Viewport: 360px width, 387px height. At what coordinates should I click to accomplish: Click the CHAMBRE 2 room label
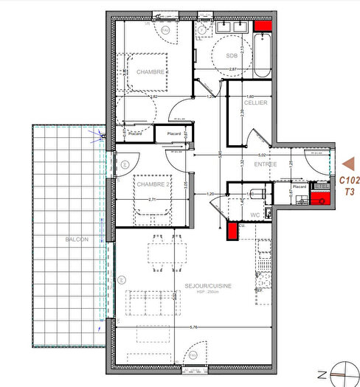coord(152,184)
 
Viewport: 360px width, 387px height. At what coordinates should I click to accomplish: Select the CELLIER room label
coord(257,102)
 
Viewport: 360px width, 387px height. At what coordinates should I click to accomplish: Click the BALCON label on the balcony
coord(75,240)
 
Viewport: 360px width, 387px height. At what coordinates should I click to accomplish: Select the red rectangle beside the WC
coord(232,231)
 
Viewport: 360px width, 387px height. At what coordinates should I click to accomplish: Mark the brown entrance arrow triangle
coord(348,163)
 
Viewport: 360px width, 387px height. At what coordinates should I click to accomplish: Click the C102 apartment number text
coord(349,180)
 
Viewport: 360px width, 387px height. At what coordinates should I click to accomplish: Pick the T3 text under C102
coord(349,191)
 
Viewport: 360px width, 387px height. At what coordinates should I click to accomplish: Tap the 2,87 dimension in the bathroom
coord(233,69)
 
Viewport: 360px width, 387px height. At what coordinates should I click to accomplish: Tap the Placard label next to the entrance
coord(299,187)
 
